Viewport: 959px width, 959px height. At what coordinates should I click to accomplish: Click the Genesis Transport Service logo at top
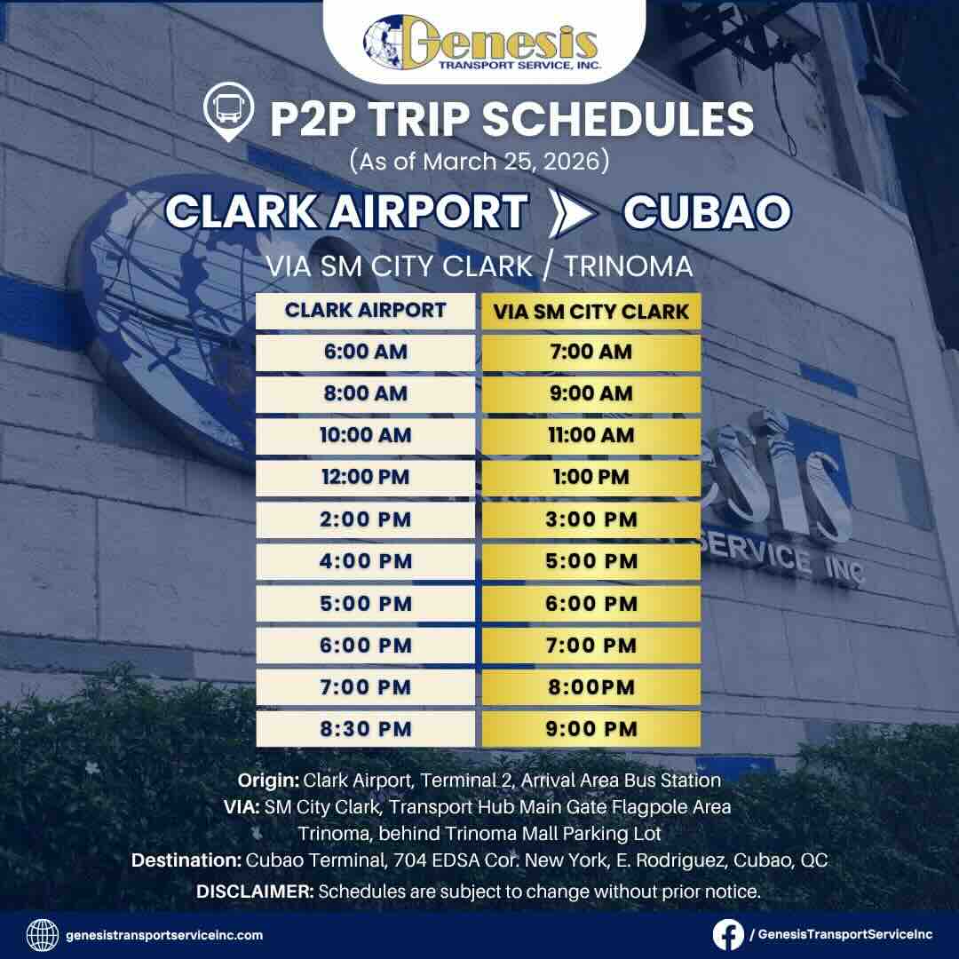click(x=480, y=44)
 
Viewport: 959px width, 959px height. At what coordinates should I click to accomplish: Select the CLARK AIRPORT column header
click(x=365, y=311)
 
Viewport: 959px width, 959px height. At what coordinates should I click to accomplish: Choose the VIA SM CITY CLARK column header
click(x=590, y=312)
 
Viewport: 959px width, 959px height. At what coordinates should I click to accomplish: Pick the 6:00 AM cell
click(x=365, y=352)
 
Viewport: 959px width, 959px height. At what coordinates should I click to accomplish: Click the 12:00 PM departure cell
click(x=365, y=477)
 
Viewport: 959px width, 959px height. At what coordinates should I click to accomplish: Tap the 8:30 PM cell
click(x=365, y=729)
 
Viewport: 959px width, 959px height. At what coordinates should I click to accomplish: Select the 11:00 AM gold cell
click(x=590, y=435)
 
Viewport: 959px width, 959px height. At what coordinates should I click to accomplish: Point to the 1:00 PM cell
click(x=590, y=477)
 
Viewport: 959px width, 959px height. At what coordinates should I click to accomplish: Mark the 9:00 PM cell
click(x=590, y=729)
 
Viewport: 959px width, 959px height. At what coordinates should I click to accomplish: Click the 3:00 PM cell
click(x=590, y=519)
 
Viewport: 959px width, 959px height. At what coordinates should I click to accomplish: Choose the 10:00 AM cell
click(x=365, y=435)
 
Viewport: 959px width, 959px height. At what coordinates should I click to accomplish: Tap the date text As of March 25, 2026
click(x=479, y=162)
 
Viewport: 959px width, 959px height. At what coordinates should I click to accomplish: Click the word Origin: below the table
click(x=268, y=781)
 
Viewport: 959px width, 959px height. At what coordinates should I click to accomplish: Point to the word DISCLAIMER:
click(x=254, y=891)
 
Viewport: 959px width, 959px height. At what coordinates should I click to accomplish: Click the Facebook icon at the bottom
click(x=728, y=934)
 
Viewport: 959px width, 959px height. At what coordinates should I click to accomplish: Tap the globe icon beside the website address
click(x=43, y=935)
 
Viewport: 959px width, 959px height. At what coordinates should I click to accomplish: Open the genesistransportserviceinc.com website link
click(x=164, y=935)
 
